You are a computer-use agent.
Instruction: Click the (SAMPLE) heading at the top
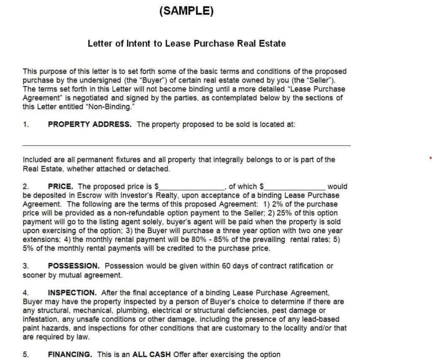tap(186, 11)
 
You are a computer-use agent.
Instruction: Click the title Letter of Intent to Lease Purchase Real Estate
tap(186, 43)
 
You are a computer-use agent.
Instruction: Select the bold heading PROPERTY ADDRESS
tap(89, 124)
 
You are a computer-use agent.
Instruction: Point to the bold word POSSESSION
tap(74, 266)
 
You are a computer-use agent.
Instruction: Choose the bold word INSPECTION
tap(72, 293)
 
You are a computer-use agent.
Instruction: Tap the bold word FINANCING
tap(70, 355)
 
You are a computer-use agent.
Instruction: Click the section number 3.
tap(25, 266)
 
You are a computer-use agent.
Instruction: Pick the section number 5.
tap(25, 355)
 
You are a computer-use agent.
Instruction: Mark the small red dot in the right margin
tap(430, 159)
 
